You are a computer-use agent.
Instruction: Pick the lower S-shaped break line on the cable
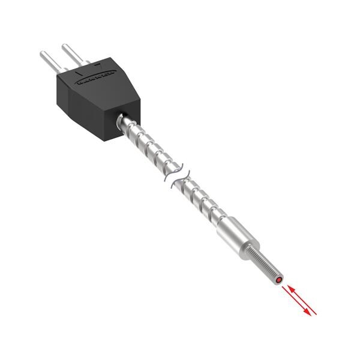179,181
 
